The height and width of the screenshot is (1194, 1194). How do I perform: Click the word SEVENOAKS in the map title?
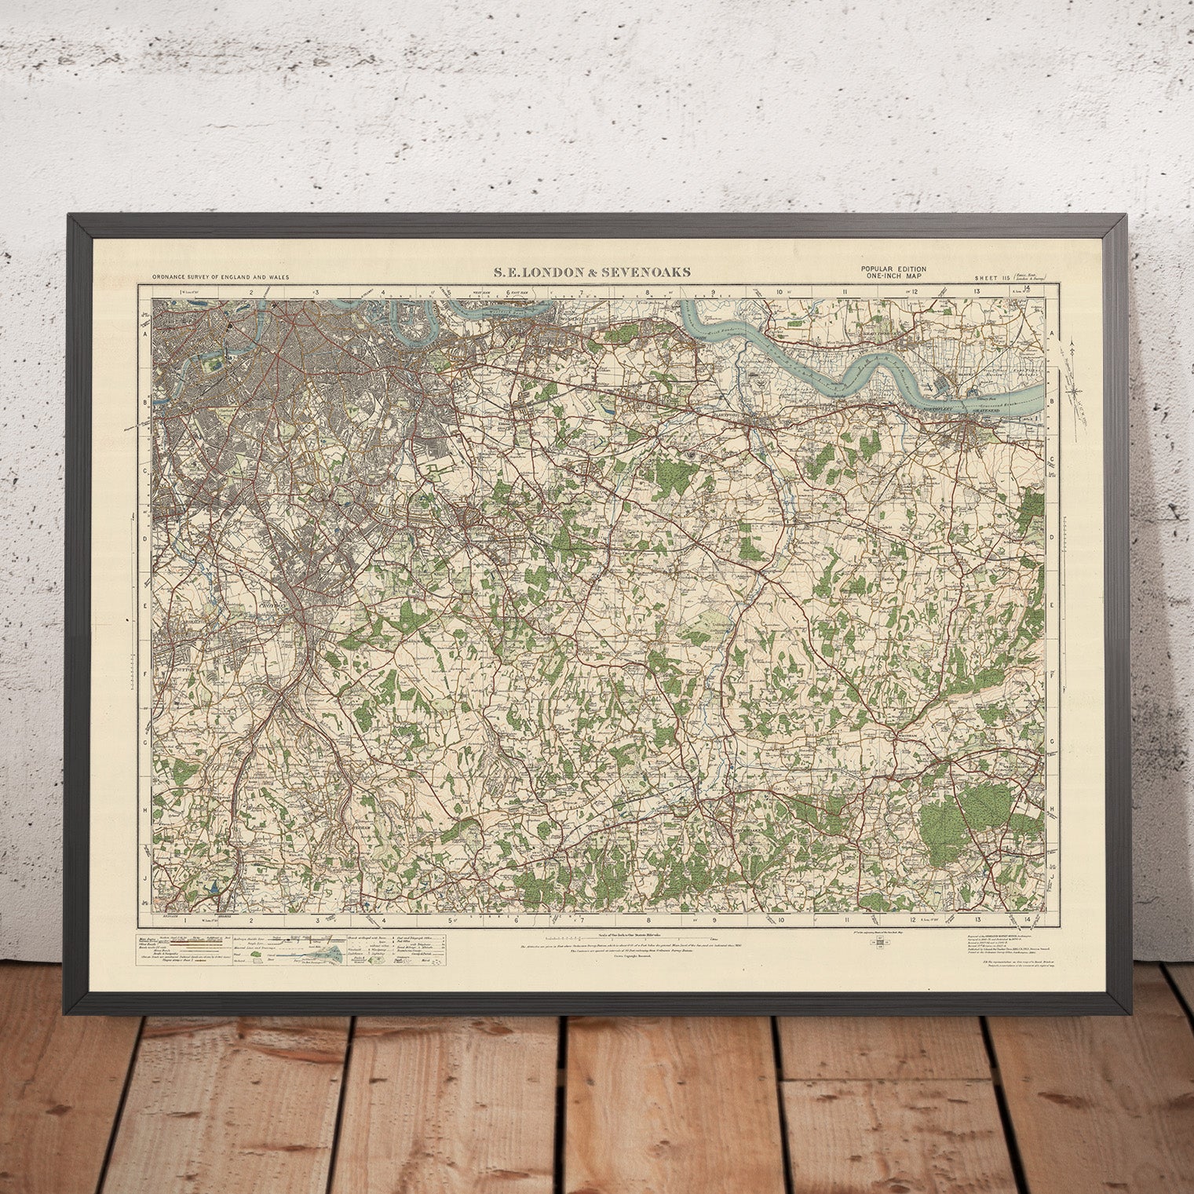point(653,272)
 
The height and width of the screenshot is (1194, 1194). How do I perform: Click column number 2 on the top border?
point(252,292)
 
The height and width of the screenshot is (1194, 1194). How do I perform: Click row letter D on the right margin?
point(1051,539)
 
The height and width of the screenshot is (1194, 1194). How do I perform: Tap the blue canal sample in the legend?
point(329,951)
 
